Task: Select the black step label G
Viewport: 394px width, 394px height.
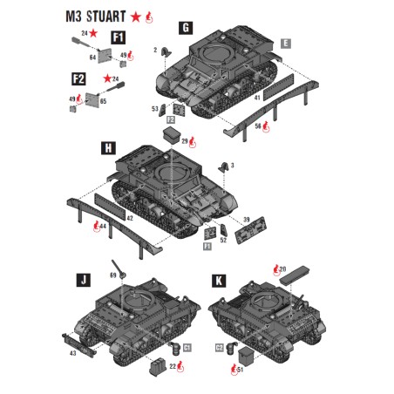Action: click(186, 27)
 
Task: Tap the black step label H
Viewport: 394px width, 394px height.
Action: click(109, 148)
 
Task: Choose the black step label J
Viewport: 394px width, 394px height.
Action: click(84, 280)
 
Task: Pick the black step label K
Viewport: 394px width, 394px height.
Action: click(219, 280)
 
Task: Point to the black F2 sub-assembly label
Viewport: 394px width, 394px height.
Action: click(78, 79)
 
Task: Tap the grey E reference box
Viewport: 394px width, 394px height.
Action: click(287, 42)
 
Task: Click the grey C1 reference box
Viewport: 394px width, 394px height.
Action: click(187, 347)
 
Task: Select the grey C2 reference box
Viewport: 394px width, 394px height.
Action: click(220, 347)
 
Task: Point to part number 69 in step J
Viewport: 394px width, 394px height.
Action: click(112, 275)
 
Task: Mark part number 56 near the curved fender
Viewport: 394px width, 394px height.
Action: click(258, 126)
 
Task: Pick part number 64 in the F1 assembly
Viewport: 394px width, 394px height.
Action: click(92, 57)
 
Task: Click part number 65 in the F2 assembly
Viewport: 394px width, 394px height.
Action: click(103, 101)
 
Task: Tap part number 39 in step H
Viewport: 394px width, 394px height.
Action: click(246, 219)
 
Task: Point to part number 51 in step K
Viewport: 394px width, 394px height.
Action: click(241, 369)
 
